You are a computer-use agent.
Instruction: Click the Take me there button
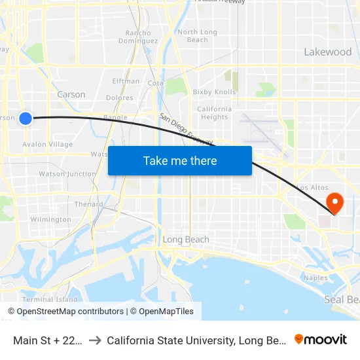(x=180, y=160)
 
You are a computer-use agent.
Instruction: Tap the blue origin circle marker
(x=26, y=118)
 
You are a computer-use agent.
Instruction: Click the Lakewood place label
(x=327, y=52)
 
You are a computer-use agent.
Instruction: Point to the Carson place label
(x=71, y=94)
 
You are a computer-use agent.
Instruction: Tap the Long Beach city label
(x=186, y=240)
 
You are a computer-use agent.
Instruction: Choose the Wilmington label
(x=50, y=219)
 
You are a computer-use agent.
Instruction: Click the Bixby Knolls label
(x=213, y=92)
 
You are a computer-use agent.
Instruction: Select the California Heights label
(x=214, y=113)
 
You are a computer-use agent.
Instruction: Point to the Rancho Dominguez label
(x=138, y=37)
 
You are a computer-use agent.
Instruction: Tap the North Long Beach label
(x=197, y=35)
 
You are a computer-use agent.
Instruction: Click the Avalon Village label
(x=47, y=144)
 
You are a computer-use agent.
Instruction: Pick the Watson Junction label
(x=67, y=174)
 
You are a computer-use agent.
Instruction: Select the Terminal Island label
(x=50, y=299)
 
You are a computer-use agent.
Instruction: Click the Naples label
(x=315, y=278)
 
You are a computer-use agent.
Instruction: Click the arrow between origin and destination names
(x=96, y=340)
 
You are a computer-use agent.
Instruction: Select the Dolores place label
(x=119, y=98)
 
